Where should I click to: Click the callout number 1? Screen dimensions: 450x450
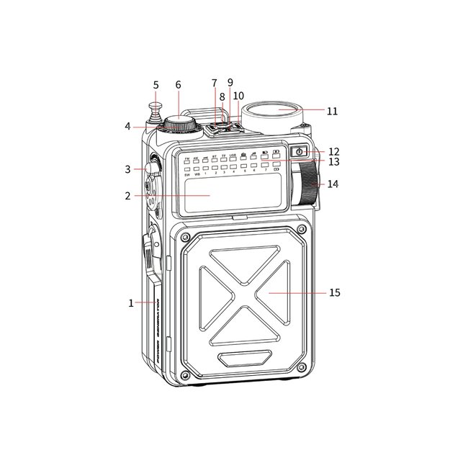click(131, 303)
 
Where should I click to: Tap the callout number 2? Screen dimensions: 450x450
click(127, 195)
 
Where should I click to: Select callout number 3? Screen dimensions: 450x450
click(127, 169)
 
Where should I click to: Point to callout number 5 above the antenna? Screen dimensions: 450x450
click(156, 85)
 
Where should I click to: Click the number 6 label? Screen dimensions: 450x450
click(178, 85)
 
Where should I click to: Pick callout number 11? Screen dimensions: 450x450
click(332, 111)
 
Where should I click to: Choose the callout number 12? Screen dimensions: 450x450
click(334, 151)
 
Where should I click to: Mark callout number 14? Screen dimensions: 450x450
click(332, 184)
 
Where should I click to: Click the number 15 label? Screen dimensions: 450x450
click(334, 292)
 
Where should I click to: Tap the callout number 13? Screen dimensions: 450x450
click(334, 162)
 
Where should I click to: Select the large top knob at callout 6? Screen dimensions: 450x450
click(179, 124)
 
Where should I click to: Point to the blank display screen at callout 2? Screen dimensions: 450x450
click(208, 195)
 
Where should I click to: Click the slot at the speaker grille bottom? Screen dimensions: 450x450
click(246, 357)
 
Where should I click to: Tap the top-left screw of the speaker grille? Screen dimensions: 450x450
click(185, 237)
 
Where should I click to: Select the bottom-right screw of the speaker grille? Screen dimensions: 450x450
click(305, 377)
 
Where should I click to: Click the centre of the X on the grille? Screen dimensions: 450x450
click(246, 294)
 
